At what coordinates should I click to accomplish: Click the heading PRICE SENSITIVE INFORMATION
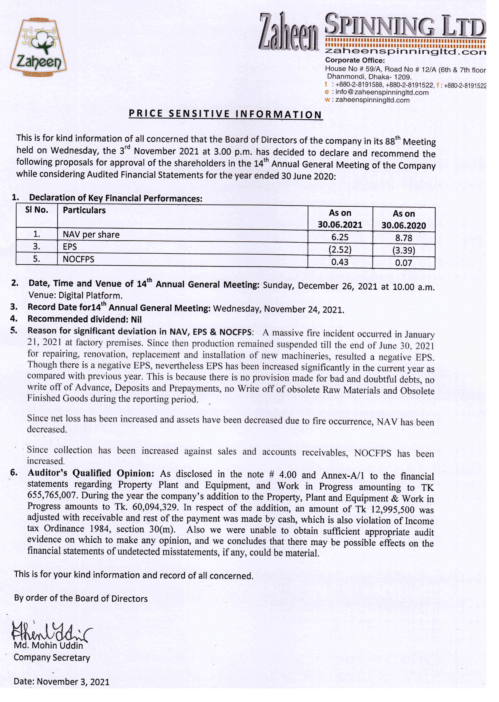[225, 114]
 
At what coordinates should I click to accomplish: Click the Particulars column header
[84, 210]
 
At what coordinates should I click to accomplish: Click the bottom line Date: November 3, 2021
[61, 682]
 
